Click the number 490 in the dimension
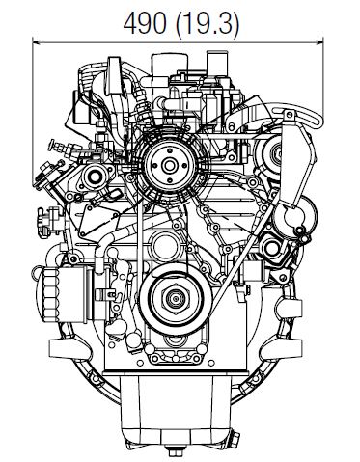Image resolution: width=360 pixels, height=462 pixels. [145, 23]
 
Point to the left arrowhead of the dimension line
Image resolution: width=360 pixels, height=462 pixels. [37, 41]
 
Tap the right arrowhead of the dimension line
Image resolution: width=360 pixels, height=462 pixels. [319, 41]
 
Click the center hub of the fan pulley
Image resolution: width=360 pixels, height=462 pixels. [168, 166]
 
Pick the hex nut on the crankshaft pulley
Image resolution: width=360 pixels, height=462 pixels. [176, 299]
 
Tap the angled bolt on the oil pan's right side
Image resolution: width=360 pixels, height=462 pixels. [234, 438]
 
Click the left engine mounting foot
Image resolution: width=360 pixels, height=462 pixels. [69, 348]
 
